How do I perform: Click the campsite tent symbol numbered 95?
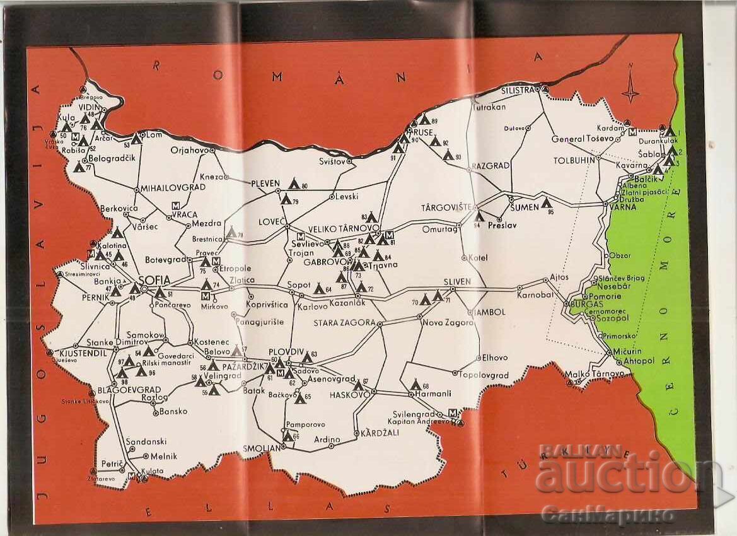[547, 203]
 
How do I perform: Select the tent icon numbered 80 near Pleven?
[293, 184]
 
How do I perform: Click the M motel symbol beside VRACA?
[177, 205]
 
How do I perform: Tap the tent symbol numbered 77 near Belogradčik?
[78, 167]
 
